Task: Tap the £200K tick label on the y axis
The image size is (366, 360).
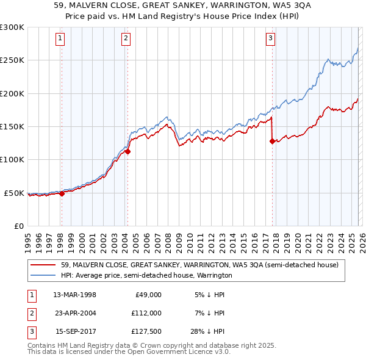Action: [x=12, y=93]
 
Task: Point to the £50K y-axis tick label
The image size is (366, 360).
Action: [x=15, y=193]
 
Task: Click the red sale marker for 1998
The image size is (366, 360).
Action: [x=62, y=193]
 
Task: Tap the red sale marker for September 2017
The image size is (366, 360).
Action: [x=272, y=141]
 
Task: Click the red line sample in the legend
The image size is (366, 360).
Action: [x=43, y=265]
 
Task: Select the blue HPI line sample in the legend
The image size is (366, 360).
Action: [x=43, y=276]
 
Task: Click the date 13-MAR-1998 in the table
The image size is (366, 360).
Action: [x=74, y=294]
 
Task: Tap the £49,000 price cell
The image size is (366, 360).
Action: [x=148, y=294]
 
